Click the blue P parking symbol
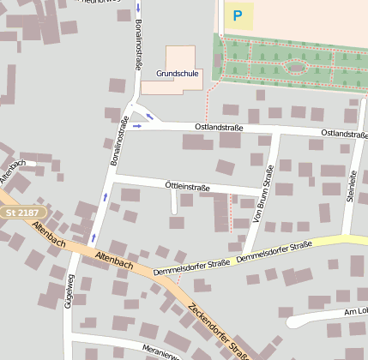[238, 15]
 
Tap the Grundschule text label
[178, 74]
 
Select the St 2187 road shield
[21, 212]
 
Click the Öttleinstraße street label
[187, 186]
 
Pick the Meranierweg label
[162, 352]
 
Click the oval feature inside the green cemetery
[296, 67]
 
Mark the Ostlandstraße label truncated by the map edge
[344, 135]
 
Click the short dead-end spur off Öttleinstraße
[174, 201]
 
